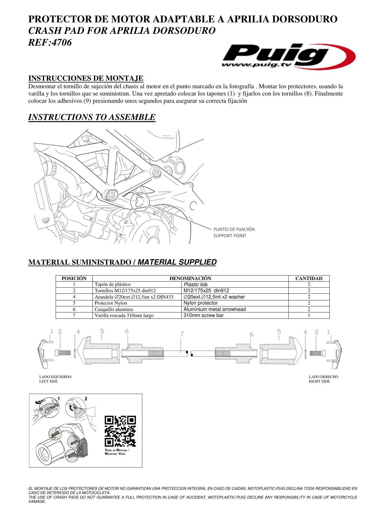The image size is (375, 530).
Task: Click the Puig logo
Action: (x=289, y=56)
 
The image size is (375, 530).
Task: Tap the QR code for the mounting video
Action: (x=120, y=431)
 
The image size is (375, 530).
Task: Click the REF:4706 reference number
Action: (x=50, y=43)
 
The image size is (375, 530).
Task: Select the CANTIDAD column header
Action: (x=309, y=278)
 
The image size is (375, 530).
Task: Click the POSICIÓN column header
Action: (x=74, y=278)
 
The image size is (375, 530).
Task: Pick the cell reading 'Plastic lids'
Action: (x=196, y=284)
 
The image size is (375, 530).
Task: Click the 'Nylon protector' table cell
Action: (x=201, y=303)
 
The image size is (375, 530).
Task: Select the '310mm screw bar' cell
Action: (x=204, y=315)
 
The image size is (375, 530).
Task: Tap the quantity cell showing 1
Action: (x=309, y=315)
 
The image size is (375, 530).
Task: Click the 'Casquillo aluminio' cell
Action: (x=114, y=309)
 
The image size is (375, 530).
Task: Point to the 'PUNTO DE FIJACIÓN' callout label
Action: (x=234, y=229)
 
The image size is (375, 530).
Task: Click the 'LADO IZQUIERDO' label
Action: (x=55, y=377)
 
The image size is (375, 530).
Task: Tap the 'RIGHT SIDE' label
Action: (x=319, y=381)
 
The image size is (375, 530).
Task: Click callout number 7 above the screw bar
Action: (x=182, y=334)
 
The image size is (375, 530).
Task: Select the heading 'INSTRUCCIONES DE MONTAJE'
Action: (x=86, y=78)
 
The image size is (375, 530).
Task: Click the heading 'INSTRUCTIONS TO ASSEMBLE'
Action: (x=92, y=117)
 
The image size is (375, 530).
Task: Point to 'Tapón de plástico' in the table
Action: (x=113, y=284)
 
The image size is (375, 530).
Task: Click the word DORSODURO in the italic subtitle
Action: (x=183, y=31)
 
